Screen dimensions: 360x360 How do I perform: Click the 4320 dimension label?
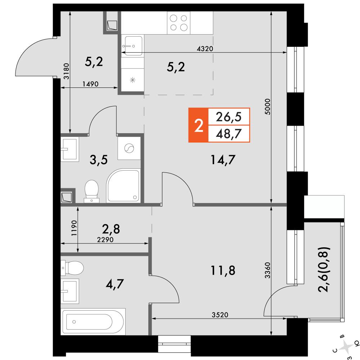[205, 49]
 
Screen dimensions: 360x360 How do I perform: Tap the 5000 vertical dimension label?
[268, 107]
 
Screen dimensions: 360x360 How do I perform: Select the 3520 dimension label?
[220, 315]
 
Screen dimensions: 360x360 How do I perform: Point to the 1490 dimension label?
[90, 84]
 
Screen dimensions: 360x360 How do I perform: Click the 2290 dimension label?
[105, 240]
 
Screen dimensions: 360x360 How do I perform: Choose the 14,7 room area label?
[223, 160]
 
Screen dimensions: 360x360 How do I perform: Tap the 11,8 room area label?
[223, 270]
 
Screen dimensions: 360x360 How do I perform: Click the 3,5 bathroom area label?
[99, 160]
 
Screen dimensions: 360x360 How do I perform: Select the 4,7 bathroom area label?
[114, 284]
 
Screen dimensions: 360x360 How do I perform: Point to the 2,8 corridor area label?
[111, 229]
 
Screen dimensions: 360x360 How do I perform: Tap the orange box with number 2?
[198, 125]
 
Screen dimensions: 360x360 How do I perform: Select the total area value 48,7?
[229, 134]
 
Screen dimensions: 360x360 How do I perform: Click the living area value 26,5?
[229, 117]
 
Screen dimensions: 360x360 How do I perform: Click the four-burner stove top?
[179, 23]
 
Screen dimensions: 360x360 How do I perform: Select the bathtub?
[93, 321]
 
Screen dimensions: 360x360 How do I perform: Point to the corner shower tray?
[123, 186]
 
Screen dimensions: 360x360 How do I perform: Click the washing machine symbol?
[129, 148]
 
